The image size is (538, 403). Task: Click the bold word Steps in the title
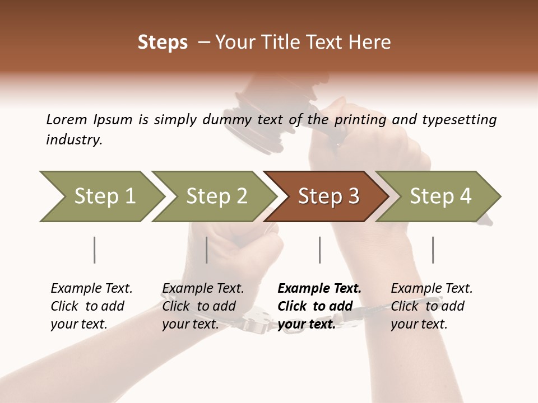pyautogui.click(x=163, y=43)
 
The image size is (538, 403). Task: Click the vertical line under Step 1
pyautogui.click(x=94, y=250)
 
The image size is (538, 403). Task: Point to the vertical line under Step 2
pyautogui.click(x=207, y=250)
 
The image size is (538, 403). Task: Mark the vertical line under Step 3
pyautogui.click(x=319, y=250)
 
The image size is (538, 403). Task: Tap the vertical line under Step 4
pyautogui.click(x=433, y=250)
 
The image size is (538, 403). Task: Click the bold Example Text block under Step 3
pyautogui.click(x=319, y=306)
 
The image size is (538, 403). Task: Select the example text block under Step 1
pyautogui.click(x=91, y=306)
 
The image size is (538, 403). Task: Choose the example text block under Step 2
pyautogui.click(x=203, y=306)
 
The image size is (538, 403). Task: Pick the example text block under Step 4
pyautogui.click(x=432, y=306)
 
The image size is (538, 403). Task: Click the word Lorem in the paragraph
pyautogui.click(x=66, y=119)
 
